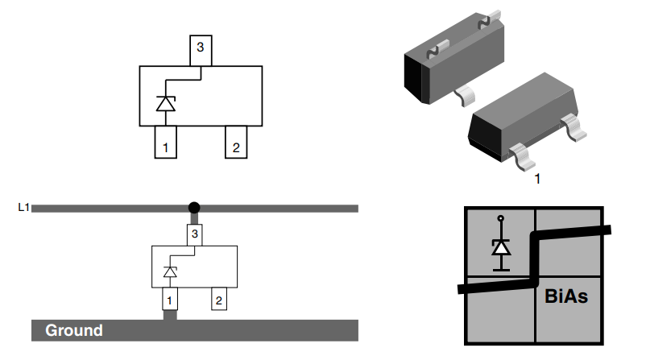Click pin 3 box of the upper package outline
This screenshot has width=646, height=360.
(200, 51)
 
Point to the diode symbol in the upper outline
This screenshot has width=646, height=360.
(165, 104)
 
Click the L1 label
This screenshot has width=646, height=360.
(23, 208)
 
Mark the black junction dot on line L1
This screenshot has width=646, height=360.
(193, 208)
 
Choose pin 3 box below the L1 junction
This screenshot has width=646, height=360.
(193, 234)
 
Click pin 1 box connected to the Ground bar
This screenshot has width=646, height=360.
(169, 300)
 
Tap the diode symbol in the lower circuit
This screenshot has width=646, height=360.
(170, 272)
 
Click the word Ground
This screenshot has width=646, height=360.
(74, 330)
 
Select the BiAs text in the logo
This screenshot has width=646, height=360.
(565, 296)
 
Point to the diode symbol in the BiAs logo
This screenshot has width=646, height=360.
(501, 247)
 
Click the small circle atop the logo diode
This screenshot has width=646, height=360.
(501, 218)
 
